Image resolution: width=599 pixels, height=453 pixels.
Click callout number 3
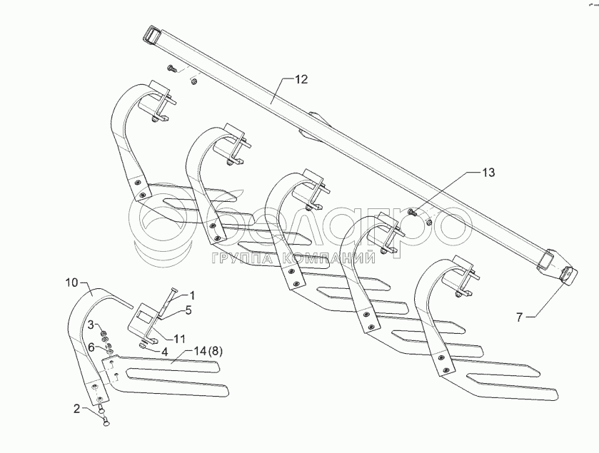pyautogui.click(x=91, y=325)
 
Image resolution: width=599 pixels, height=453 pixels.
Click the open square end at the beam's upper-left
pyautogui.click(x=153, y=34)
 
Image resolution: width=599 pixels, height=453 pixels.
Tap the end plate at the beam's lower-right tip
pyautogui.click(x=566, y=275)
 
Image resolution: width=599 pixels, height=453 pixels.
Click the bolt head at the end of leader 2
pyautogui.click(x=106, y=422)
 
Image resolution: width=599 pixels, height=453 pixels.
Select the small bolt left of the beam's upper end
pyautogui.click(x=173, y=68)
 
